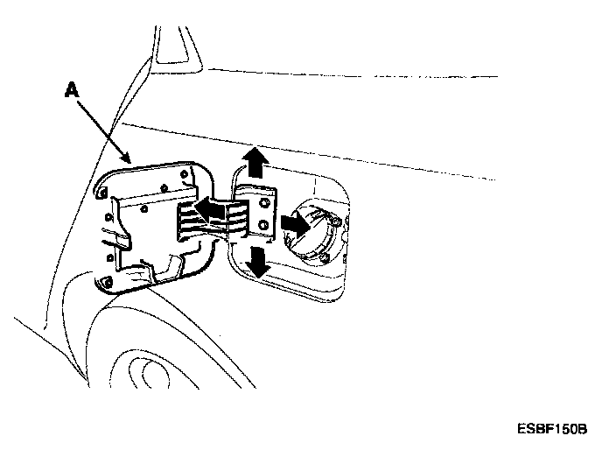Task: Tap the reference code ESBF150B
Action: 551,430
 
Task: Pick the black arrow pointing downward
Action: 257,260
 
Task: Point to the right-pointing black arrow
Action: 293,223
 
